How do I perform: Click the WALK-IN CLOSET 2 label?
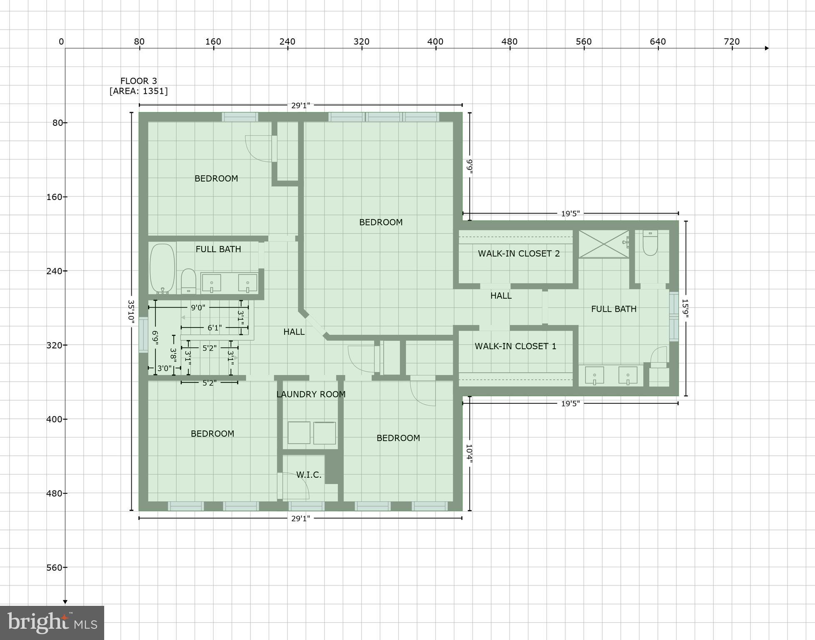tap(518, 253)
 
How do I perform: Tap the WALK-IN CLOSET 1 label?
tap(515, 346)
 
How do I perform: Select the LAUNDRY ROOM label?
tap(311, 394)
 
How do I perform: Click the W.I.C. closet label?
tap(309, 475)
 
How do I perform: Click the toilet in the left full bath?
tap(188, 281)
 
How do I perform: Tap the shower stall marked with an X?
tap(603, 244)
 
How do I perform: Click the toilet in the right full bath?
tap(650, 243)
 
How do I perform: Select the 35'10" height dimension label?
tap(131, 311)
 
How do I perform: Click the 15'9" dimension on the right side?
tap(685, 308)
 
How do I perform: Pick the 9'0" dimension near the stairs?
tap(198, 307)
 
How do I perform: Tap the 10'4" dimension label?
tap(469, 453)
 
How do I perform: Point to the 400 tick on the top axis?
tap(435, 42)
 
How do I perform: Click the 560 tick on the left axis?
tap(54, 567)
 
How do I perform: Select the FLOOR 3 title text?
tap(138, 81)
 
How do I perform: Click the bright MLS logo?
tap(52, 622)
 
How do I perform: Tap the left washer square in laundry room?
tap(299, 432)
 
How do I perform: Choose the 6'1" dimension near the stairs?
tap(214, 328)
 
